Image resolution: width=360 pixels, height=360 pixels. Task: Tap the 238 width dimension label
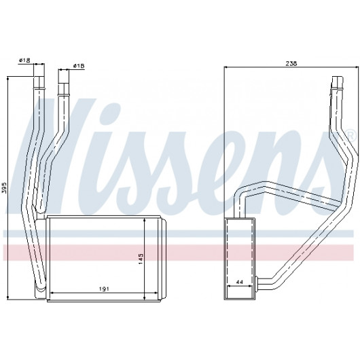[291, 63]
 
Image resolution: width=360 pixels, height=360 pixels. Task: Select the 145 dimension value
[141, 258]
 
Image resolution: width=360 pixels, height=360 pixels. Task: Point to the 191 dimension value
[104, 289]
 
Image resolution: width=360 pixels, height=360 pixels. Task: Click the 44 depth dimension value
[239, 282]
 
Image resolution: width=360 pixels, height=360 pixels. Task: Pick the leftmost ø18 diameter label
[24, 60]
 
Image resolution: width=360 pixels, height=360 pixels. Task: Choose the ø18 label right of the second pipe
[79, 66]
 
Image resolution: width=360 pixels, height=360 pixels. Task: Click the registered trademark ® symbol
[350, 134]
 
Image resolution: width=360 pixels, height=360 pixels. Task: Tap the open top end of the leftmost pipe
[39, 77]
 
